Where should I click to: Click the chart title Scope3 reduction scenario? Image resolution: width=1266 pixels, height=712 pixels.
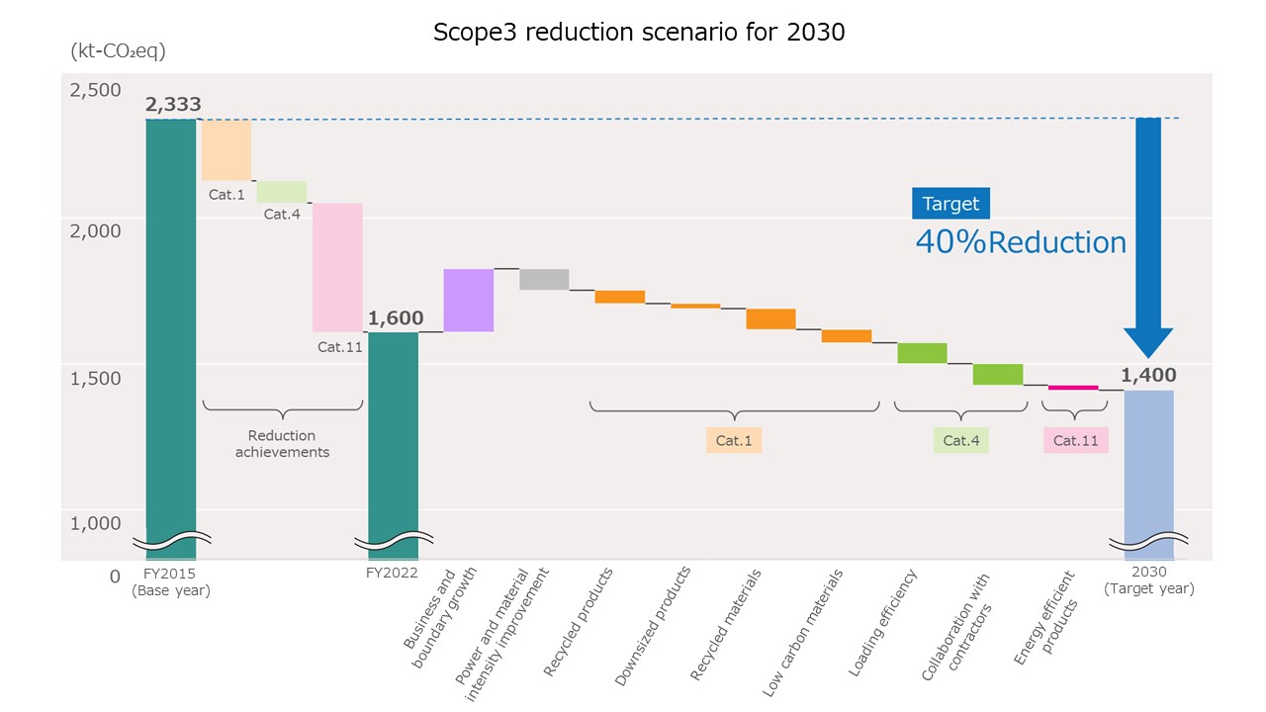click(x=639, y=32)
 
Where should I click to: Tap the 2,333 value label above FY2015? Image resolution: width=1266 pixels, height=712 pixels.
click(x=173, y=104)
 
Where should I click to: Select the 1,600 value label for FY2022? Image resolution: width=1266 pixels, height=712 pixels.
click(x=396, y=318)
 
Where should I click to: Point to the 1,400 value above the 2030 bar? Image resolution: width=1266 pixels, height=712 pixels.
click(x=1148, y=375)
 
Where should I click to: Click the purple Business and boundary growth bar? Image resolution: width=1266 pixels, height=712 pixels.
click(x=468, y=300)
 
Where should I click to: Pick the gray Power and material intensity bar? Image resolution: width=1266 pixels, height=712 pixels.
click(x=544, y=279)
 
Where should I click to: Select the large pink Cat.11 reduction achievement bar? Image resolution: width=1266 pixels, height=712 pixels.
click(x=337, y=267)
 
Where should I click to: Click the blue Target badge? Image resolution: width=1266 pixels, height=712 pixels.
click(x=950, y=204)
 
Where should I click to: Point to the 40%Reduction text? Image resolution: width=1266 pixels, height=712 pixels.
click(x=1020, y=242)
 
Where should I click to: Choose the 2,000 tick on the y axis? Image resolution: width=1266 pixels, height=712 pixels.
click(x=95, y=230)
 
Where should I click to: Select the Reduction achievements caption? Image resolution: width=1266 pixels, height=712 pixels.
click(x=282, y=444)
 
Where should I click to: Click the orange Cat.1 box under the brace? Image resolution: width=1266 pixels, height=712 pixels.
click(x=734, y=440)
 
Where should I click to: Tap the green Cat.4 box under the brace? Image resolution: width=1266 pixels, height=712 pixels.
click(x=960, y=440)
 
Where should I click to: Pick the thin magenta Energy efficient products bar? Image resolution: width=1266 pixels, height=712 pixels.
click(x=1073, y=388)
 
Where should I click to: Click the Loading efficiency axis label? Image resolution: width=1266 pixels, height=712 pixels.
click(x=883, y=623)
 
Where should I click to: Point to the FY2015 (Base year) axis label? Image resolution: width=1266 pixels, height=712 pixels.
click(x=171, y=580)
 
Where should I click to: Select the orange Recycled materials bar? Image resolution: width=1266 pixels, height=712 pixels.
click(x=770, y=318)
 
